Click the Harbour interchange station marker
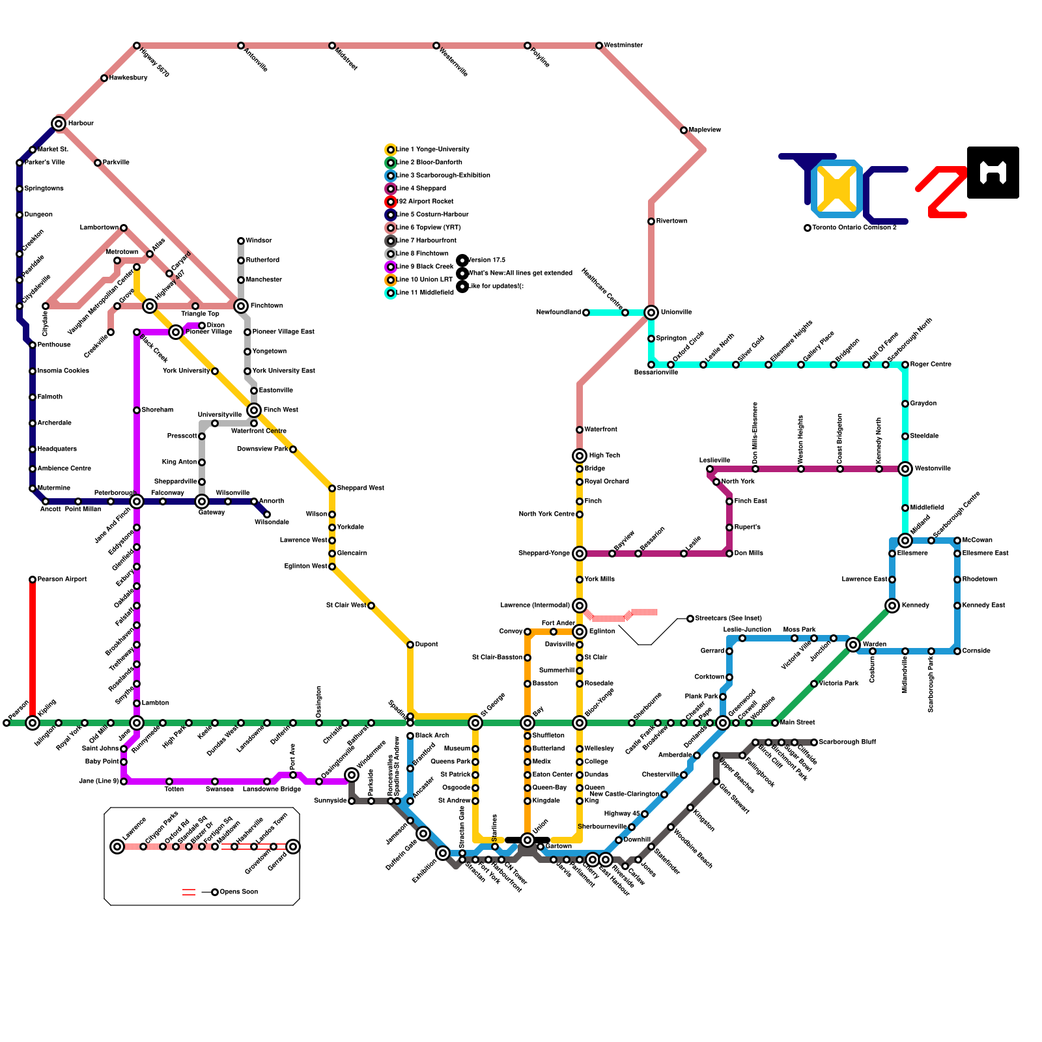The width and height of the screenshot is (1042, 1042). tap(59, 124)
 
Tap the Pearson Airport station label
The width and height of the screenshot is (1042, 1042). tap(62, 580)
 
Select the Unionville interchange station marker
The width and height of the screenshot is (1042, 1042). tap(651, 313)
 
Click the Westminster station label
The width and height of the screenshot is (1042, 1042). tap(623, 46)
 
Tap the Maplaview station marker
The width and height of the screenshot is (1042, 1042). tap(684, 130)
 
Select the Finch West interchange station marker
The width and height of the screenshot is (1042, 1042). tap(254, 410)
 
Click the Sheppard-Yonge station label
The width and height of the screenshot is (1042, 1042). tap(544, 554)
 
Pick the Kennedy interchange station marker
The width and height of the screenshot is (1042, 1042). tap(892, 606)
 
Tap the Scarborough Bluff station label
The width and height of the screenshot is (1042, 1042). tap(847, 742)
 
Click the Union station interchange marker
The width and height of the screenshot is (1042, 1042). tap(528, 840)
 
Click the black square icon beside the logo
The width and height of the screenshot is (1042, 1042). tap(993, 173)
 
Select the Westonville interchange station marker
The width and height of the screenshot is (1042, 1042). tap(905, 469)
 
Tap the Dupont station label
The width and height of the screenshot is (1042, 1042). tap(427, 645)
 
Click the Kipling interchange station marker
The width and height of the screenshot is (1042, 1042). tap(33, 723)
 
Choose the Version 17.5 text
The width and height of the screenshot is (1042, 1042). tap(486, 260)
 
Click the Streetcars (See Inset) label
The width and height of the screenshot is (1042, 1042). tap(728, 619)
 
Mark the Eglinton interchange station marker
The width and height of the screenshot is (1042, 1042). tap(580, 632)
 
